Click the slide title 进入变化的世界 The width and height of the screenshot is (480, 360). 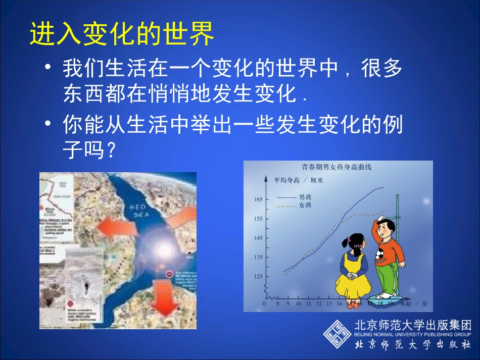(x=122, y=34)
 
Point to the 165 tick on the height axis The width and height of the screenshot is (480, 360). (x=258, y=199)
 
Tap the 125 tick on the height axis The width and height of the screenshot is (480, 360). (x=258, y=276)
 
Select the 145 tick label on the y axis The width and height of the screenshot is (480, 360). (x=258, y=238)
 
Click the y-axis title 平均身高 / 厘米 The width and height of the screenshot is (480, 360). (x=298, y=180)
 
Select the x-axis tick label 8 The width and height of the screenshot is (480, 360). (x=278, y=304)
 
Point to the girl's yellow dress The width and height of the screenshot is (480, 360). (x=351, y=275)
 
